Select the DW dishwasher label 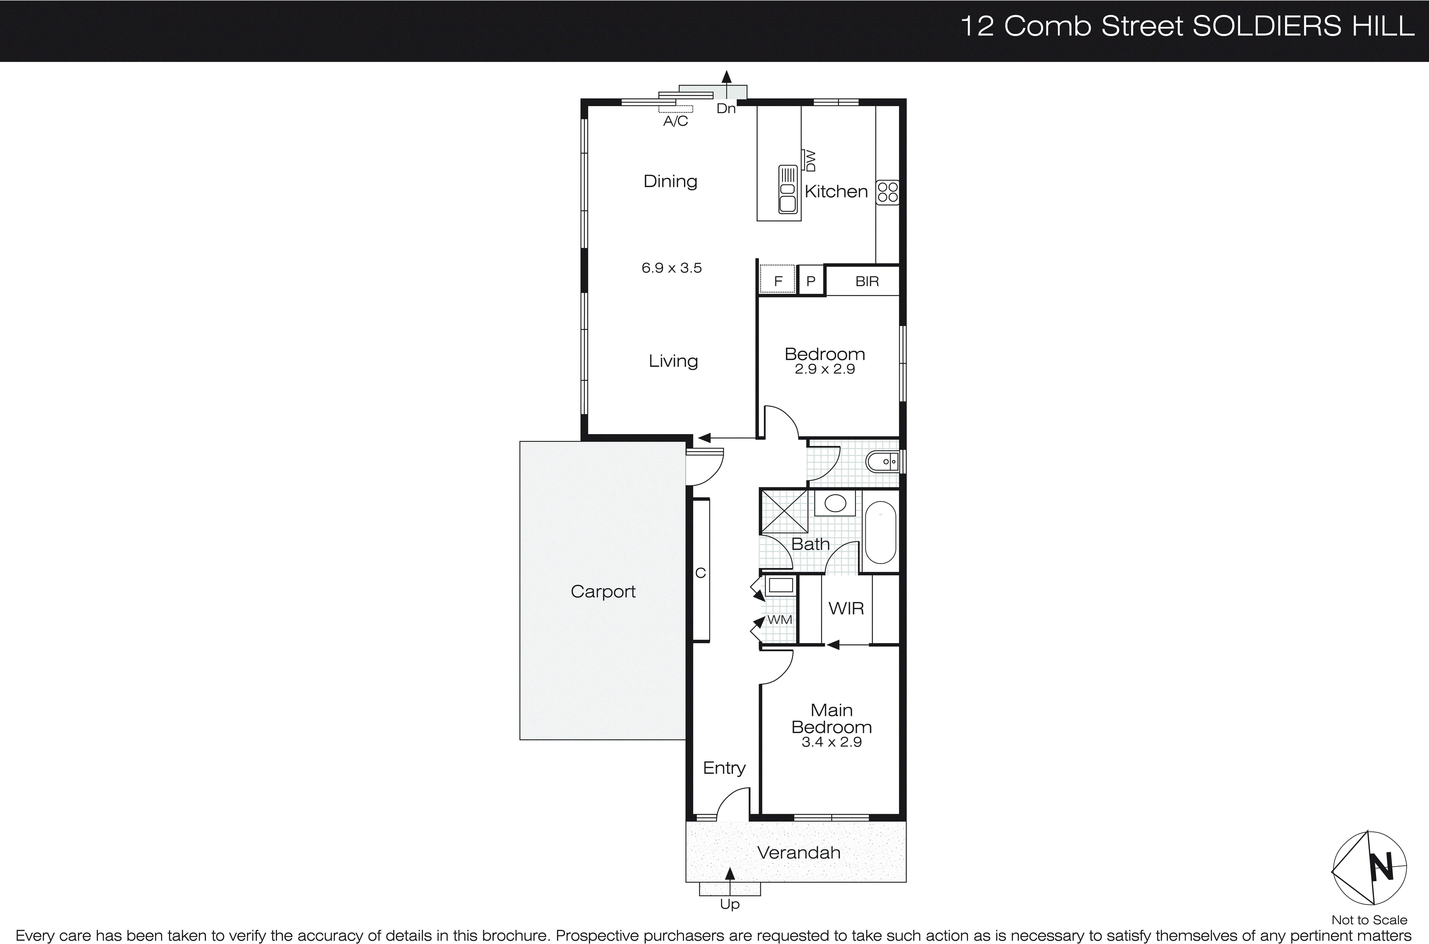[811, 161]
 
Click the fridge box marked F [777, 281]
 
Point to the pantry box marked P [811, 281]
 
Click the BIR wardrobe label [867, 281]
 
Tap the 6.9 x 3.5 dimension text [672, 268]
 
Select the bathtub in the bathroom [880, 532]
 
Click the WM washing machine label [780, 619]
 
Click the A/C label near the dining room [675, 121]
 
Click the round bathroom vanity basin [835, 503]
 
